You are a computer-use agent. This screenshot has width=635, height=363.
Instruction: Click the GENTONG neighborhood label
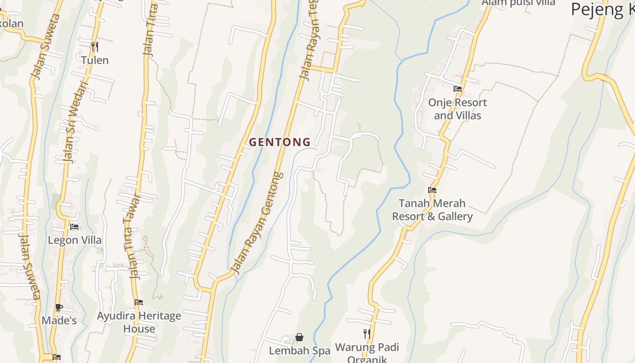[x=280, y=142]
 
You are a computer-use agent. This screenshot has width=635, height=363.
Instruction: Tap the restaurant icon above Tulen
[x=94, y=46]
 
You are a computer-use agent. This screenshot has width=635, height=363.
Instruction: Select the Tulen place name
[x=95, y=60]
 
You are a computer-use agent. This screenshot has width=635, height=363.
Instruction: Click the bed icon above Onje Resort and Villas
[x=458, y=89]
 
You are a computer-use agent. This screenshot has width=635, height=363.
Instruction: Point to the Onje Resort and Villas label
[x=457, y=109]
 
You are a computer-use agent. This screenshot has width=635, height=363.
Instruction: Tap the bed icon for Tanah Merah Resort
[x=432, y=190]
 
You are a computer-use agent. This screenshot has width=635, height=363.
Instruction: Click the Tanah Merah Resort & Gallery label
[x=432, y=210]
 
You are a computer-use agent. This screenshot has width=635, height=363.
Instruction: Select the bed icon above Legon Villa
[x=74, y=226]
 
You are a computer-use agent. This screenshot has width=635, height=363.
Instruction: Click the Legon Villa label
[x=75, y=240]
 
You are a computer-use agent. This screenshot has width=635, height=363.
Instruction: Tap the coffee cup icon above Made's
[x=59, y=307]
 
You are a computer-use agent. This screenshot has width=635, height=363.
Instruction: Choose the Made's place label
[x=59, y=320]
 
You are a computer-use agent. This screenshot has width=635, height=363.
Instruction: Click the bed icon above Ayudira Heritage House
[x=139, y=302]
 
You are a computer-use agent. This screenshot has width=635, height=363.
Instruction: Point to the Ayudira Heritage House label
[x=139, y=322]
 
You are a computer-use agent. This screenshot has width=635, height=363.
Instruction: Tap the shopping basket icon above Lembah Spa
[x=299, y=337]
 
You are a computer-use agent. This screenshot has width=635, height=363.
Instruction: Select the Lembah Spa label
[x=299, y=351]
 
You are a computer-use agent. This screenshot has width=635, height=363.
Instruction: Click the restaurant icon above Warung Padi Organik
[x=367, y=334]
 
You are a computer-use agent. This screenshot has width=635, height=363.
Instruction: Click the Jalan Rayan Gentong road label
[x=257, y=223]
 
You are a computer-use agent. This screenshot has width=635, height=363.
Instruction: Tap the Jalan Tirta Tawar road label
[x=132, y=236]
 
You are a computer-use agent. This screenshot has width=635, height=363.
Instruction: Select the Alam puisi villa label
[x=518, y=3]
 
